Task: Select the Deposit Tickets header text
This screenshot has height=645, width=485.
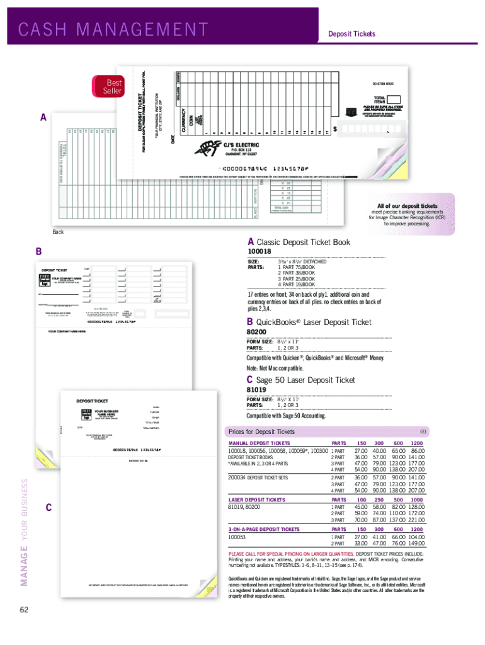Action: [351, 33]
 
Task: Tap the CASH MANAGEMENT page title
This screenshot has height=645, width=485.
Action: [113, 30]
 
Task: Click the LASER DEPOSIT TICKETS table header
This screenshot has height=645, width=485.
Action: [256, 499]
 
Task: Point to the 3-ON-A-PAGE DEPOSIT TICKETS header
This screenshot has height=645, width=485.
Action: [264, 530]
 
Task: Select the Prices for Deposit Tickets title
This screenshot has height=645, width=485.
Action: [261, 431]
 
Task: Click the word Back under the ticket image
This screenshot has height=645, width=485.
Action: [58, 232]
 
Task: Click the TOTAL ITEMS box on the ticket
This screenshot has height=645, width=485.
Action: [394, 100]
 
